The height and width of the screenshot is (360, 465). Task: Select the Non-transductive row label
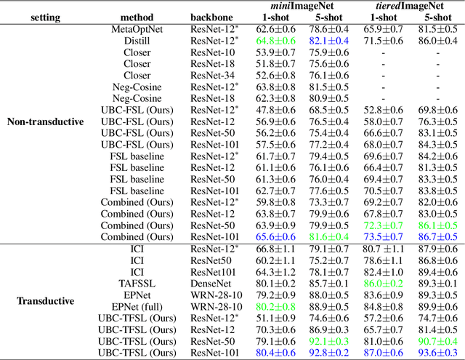click(x=45, y=121)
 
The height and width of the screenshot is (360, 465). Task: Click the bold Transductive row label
click(x=45, y=300)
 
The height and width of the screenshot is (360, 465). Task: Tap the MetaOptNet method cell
click(x=137, y=28)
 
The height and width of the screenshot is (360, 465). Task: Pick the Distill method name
click(x=137, y=40)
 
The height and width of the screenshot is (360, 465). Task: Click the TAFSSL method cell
click(x=137, y=284)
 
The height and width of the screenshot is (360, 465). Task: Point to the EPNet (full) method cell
click(x=137, y=307)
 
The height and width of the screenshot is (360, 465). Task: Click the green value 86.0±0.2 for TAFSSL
click(x=382, y=284)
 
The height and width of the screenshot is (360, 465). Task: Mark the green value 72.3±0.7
click(x=382, y=225)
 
